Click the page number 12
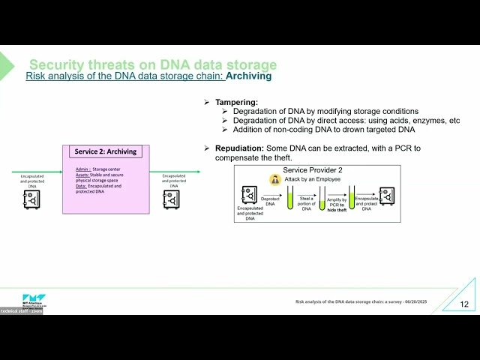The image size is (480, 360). (464, 304)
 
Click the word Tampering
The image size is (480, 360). (236, 102)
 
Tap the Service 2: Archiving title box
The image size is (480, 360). (106, 151)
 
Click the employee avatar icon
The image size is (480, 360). (276, 180)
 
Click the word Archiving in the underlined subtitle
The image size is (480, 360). (249, 76)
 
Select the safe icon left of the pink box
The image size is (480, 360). (31, 199)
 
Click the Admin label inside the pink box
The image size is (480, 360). (82, 169)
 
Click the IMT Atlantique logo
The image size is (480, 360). (22, 300)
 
